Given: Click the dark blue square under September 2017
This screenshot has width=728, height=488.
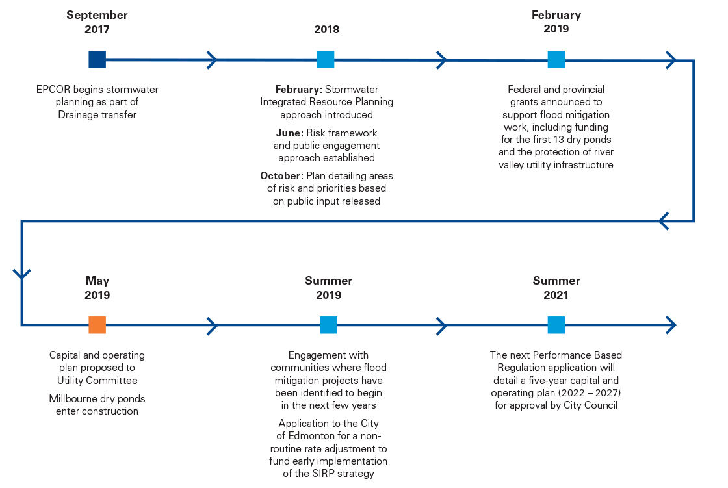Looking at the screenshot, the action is [97, 59].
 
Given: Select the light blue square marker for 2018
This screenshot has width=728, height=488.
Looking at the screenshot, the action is [326, 59].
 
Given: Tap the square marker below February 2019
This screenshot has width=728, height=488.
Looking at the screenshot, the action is [556, 59].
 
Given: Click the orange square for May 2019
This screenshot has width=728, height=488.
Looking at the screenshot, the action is [97, 325].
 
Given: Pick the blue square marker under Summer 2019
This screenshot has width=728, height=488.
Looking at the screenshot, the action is [329, 325].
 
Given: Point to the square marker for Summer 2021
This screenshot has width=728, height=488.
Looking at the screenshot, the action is [556, 325].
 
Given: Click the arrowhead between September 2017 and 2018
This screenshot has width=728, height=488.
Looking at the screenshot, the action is [212, 60].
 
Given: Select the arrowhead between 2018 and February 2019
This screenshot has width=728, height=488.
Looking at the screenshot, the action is [441, 60].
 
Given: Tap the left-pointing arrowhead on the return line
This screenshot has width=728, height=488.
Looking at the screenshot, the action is [664, 221].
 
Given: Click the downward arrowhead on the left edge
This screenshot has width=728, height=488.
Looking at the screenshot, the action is [22, 274].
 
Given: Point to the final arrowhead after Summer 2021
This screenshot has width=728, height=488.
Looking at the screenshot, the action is [671, 325].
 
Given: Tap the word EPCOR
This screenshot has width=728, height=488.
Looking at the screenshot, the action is [53, 90].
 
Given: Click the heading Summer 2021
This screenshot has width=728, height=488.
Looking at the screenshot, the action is [556, 288].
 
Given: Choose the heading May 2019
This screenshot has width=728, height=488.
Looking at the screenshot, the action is [97, 288].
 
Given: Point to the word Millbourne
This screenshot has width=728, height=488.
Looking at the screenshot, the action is [73, 399].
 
